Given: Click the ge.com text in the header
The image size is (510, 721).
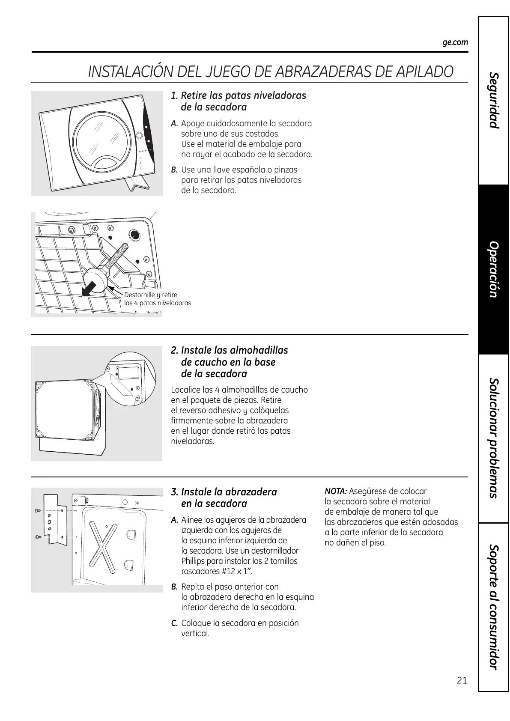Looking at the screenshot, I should click(x=455, y=42).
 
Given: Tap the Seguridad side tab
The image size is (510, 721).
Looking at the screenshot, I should click(x=494, y=101).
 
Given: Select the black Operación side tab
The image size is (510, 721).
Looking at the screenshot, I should click(x=494, y=269).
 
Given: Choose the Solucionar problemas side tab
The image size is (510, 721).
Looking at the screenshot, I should click(x=494, y=438).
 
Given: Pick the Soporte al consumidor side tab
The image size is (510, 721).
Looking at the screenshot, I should click(x=494, y=607).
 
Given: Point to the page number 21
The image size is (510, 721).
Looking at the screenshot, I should click(x=462, y=681).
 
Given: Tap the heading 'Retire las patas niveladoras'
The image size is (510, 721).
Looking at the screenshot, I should click(x=243, y=95).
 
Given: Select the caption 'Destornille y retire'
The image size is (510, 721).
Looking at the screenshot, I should click(x=150, y=295).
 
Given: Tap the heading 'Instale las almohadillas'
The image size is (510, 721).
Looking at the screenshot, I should click(x=234, y=350).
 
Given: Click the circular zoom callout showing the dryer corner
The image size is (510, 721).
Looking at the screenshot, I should click(x=127, y=380).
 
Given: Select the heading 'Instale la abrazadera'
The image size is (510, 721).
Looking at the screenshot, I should click(x=229, y=492).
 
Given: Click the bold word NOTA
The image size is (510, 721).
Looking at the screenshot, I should click(x=336, y=492).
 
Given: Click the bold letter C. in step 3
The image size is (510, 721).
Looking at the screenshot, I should click(x=174, y=623).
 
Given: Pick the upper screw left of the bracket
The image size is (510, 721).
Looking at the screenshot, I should click(x=38, y=510).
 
